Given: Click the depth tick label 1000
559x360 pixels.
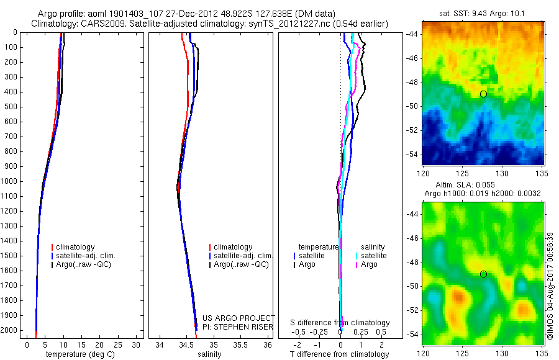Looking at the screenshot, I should point(9,181).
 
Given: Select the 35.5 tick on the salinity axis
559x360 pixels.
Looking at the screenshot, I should point(240,345).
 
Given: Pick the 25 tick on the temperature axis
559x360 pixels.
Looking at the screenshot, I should point(117,345).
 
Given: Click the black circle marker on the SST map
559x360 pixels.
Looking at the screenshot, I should point(483,94).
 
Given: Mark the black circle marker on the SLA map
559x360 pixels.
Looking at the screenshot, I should point(483,274).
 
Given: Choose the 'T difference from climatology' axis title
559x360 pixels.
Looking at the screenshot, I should point(340,354).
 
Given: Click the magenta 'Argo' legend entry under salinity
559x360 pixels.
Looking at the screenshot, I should point(369,265).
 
